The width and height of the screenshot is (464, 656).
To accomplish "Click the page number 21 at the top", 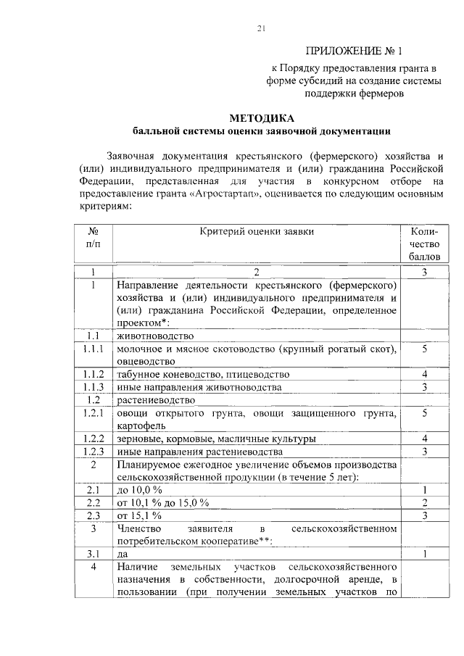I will pyautogui.click(x=262, y=28).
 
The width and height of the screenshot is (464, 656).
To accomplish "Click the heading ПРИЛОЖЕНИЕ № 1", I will pyautogui.click(x=354, y=51).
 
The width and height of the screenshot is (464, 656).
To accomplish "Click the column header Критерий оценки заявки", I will pyautogui.click(x=257, y=231).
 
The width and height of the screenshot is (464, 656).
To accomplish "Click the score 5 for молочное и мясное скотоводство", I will pyautogui.click(x=424, y=349).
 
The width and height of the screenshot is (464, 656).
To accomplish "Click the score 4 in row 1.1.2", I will pyautogui.click(x=424, y=374).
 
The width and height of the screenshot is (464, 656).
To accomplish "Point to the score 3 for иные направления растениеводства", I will pyautogui.click(x=424, y=451).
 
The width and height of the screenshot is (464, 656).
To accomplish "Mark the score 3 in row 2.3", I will pyautogui.click(x=424, y=515).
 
